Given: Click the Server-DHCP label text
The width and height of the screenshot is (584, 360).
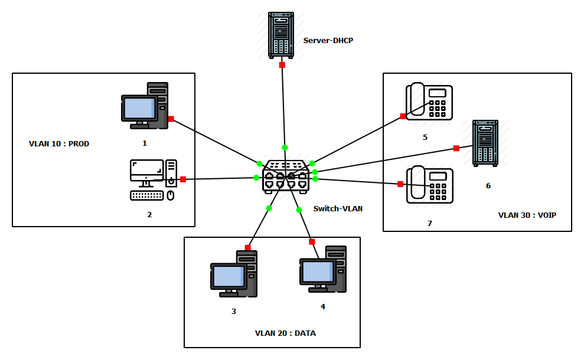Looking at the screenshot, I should point(328,41).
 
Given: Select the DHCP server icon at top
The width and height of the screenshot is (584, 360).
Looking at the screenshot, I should point(281,35).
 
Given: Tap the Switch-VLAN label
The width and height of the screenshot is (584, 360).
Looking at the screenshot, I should point(337,208).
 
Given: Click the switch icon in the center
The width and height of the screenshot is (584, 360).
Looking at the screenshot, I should point(286,176).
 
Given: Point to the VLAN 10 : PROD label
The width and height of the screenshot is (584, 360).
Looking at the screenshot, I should point(59,143).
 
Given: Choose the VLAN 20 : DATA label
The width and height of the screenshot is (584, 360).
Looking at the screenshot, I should point(285,333).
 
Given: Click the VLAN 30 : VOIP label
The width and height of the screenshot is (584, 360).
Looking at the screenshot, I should point(527,215).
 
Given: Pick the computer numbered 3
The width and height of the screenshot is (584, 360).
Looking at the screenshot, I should point(234,274).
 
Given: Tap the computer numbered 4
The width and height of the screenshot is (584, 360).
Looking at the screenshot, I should point(323,270).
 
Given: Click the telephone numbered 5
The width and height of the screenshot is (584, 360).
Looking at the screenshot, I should point(429,102).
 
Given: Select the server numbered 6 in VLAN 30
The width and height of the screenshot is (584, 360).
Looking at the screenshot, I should point(485,143).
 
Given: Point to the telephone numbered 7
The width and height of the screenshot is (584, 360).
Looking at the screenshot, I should point(429,185).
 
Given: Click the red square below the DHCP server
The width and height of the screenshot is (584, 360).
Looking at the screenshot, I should point(282,65).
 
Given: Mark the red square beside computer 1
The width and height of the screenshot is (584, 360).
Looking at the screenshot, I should point(171,119).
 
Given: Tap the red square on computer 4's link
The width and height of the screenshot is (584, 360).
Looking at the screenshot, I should point(312,242).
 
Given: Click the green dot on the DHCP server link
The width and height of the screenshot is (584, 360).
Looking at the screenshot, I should point(285,148).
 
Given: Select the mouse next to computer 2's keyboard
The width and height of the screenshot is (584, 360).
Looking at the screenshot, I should point(171,195).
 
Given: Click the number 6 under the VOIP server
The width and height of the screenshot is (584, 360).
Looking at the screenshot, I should point(488,186).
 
